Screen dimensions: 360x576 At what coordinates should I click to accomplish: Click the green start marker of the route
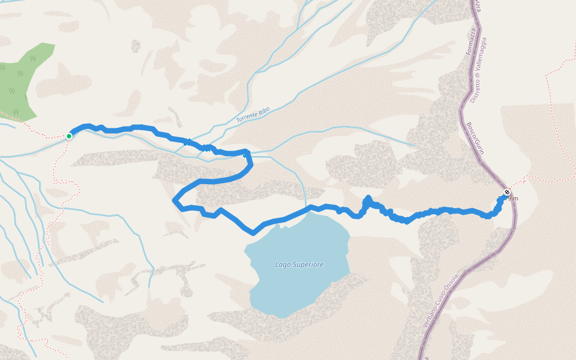pyautogui.click(x=69, y=136)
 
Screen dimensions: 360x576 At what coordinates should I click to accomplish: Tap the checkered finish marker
pyautogui.click(x=507, y=193)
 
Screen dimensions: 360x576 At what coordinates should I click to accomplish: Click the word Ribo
pyautogui.click(x=264, y=110)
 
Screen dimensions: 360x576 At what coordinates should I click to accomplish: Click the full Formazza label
pyautogui.click(x=470, y=41)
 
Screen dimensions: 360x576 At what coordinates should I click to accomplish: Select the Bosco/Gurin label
pyautogui.click(x=475, y=138)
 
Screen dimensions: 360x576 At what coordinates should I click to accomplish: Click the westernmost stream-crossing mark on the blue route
pyautogui.click(x=188, y=142)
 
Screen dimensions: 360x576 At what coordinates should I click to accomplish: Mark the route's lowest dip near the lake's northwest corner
pyautogui.click(x=253, y=232)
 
